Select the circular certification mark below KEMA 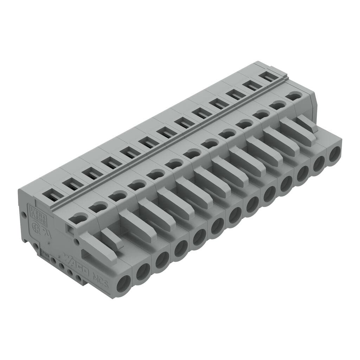point(36,226)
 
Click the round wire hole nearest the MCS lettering point(124,283)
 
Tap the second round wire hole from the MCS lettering point(143,272)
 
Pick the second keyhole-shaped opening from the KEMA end point(98,207)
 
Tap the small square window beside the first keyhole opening point(70,230)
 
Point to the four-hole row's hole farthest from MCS point(53,261)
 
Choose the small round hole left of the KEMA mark point(24,214)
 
